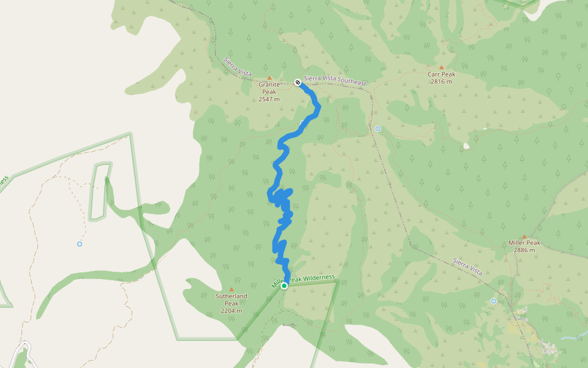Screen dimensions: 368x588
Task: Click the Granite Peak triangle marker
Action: click(269, 78)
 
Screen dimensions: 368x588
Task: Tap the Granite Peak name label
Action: click(269, 88)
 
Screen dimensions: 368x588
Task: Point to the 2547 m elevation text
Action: click(269, 99)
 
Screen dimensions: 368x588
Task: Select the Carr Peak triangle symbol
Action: click(441, 67)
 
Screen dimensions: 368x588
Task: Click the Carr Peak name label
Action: click(441, 74)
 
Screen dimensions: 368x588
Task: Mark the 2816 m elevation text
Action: click(441, 82)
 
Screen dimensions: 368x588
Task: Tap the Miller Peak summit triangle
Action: click(524, 236)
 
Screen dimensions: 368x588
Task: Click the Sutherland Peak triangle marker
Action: click(232, 289)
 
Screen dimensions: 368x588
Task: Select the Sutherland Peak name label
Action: click(232, 299)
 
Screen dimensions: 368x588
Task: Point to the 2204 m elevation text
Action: click(232, 311)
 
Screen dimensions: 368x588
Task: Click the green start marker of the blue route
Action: click(284, 286)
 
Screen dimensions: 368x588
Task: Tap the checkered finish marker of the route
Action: click(297, 82)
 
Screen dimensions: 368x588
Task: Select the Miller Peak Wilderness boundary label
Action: click(304, 280)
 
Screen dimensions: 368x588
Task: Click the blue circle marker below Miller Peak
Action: click(494, 301)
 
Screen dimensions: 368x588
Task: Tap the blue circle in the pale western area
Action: click(80, 244)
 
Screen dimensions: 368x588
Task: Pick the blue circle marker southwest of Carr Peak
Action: click(378, 129)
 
